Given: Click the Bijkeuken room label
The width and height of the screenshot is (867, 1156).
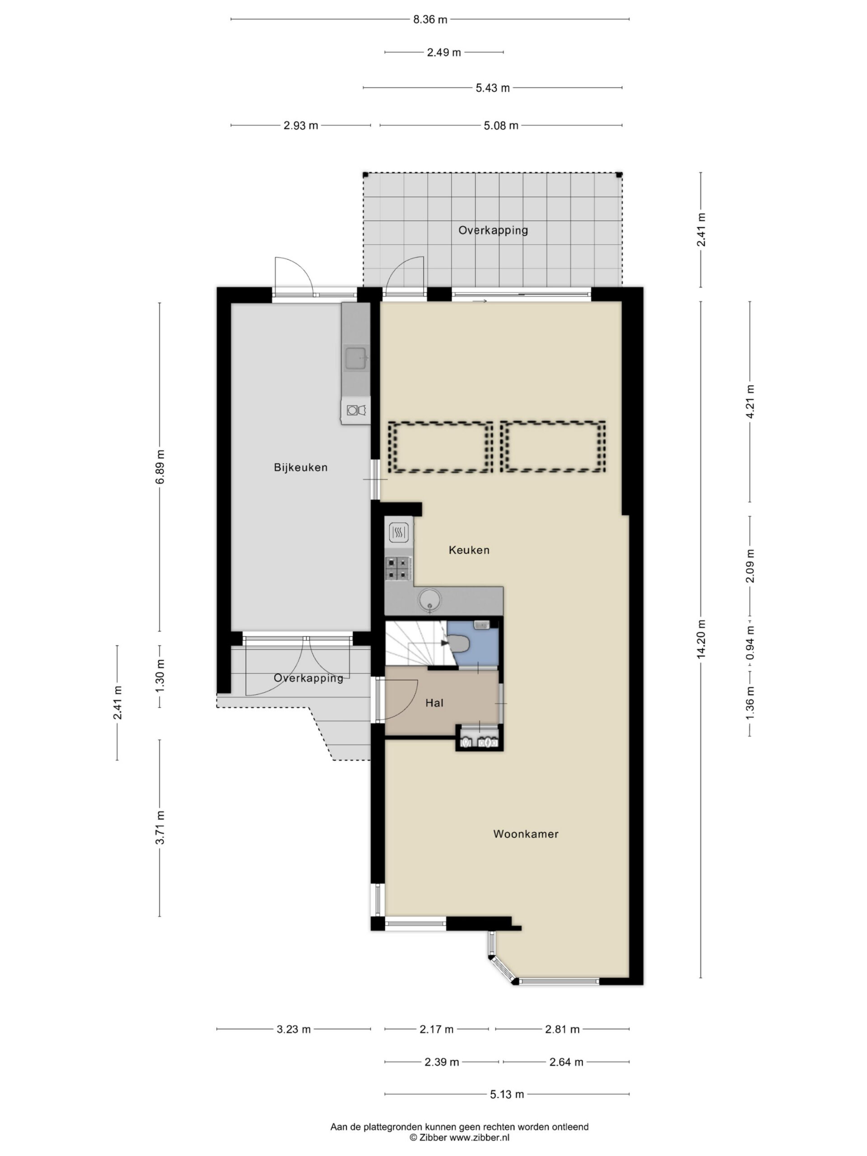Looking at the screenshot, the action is [x=300, y=468].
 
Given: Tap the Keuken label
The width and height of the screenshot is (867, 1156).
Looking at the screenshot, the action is [x=469, y=550].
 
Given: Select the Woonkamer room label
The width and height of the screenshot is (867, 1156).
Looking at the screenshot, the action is [x=526, y=834].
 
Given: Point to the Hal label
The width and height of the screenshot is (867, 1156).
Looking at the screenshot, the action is [x=434, y=703].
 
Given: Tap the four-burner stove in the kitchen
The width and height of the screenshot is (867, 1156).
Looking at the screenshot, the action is [x=398, y=569].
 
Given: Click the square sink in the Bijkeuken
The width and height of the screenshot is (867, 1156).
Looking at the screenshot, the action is [x=356, y=358].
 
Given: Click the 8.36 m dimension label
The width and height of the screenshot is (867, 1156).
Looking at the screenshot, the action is [x=430, y=20].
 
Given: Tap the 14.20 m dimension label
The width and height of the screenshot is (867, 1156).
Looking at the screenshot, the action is [x=701, y=638].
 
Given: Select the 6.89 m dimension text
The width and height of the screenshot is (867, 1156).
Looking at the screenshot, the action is [x=159, y=466].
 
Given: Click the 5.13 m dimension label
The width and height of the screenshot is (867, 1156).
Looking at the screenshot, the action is [x=507, y=1094].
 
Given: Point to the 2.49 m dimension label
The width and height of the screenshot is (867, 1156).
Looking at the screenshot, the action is [x=444, y=52].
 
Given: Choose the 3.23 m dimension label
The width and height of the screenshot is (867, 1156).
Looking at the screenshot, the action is [x=293, y=1029].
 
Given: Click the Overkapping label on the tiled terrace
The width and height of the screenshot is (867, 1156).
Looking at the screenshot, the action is [x=493, y=230].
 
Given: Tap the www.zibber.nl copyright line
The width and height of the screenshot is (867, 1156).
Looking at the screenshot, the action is [x=459, y=1137].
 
